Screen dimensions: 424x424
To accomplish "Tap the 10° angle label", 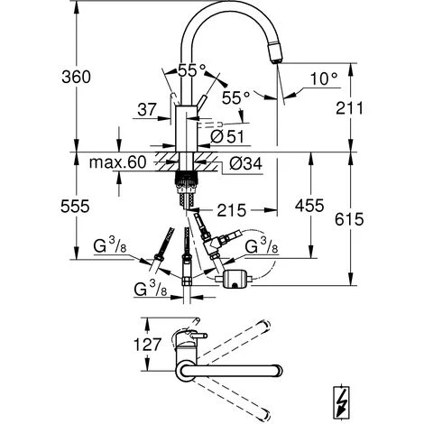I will tap(324, 79).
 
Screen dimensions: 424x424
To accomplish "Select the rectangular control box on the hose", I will tap(238, 279).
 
